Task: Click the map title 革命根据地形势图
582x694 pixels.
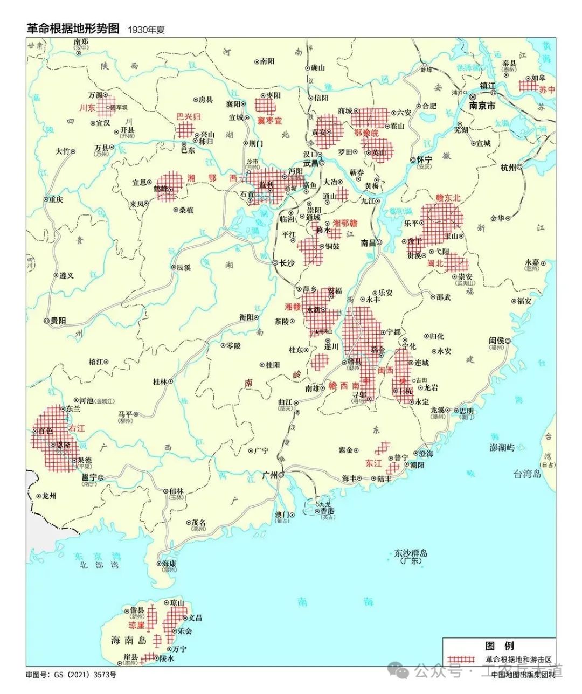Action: point(73,29)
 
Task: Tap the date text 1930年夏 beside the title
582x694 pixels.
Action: point(146,30)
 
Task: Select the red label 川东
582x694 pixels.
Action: point(87,108)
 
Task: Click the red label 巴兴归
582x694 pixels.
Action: point(189,116)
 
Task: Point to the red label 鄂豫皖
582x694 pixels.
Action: point(366,133)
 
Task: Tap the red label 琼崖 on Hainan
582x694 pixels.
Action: point(136,626)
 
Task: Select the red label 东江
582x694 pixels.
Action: point(373,463)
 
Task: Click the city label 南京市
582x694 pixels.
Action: point(482,106)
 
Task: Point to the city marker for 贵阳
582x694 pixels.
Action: point(47,320)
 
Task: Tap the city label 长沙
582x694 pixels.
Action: point(287,263)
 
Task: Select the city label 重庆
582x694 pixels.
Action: point(54,199)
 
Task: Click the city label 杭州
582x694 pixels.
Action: point(508,167)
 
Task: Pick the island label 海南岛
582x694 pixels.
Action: point(128,641)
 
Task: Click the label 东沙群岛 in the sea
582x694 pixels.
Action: point(410,553)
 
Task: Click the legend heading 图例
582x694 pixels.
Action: point(499,646)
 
